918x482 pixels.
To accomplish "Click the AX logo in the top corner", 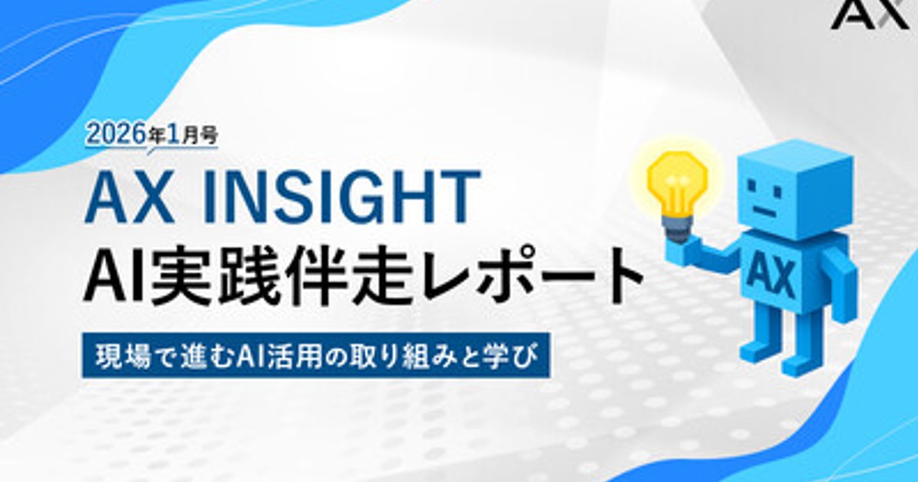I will coord(871,15).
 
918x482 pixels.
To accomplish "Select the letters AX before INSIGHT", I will coord(132,198).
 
